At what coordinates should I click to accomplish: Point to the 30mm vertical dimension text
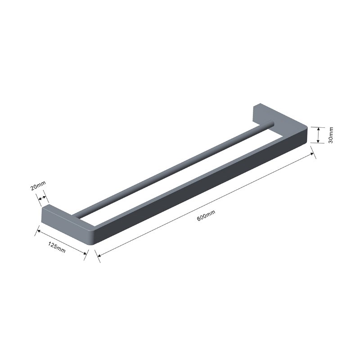[x=331, y=135]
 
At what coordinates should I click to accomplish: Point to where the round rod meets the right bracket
[x=270, y=124]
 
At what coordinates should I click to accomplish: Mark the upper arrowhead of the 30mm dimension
[x=318, y=128]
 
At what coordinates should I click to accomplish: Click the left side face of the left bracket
[x=63, y=227]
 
